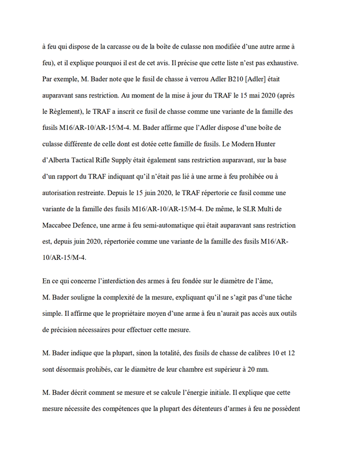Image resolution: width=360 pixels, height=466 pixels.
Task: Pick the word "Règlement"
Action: pyautogui.click(x=75, y=109)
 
